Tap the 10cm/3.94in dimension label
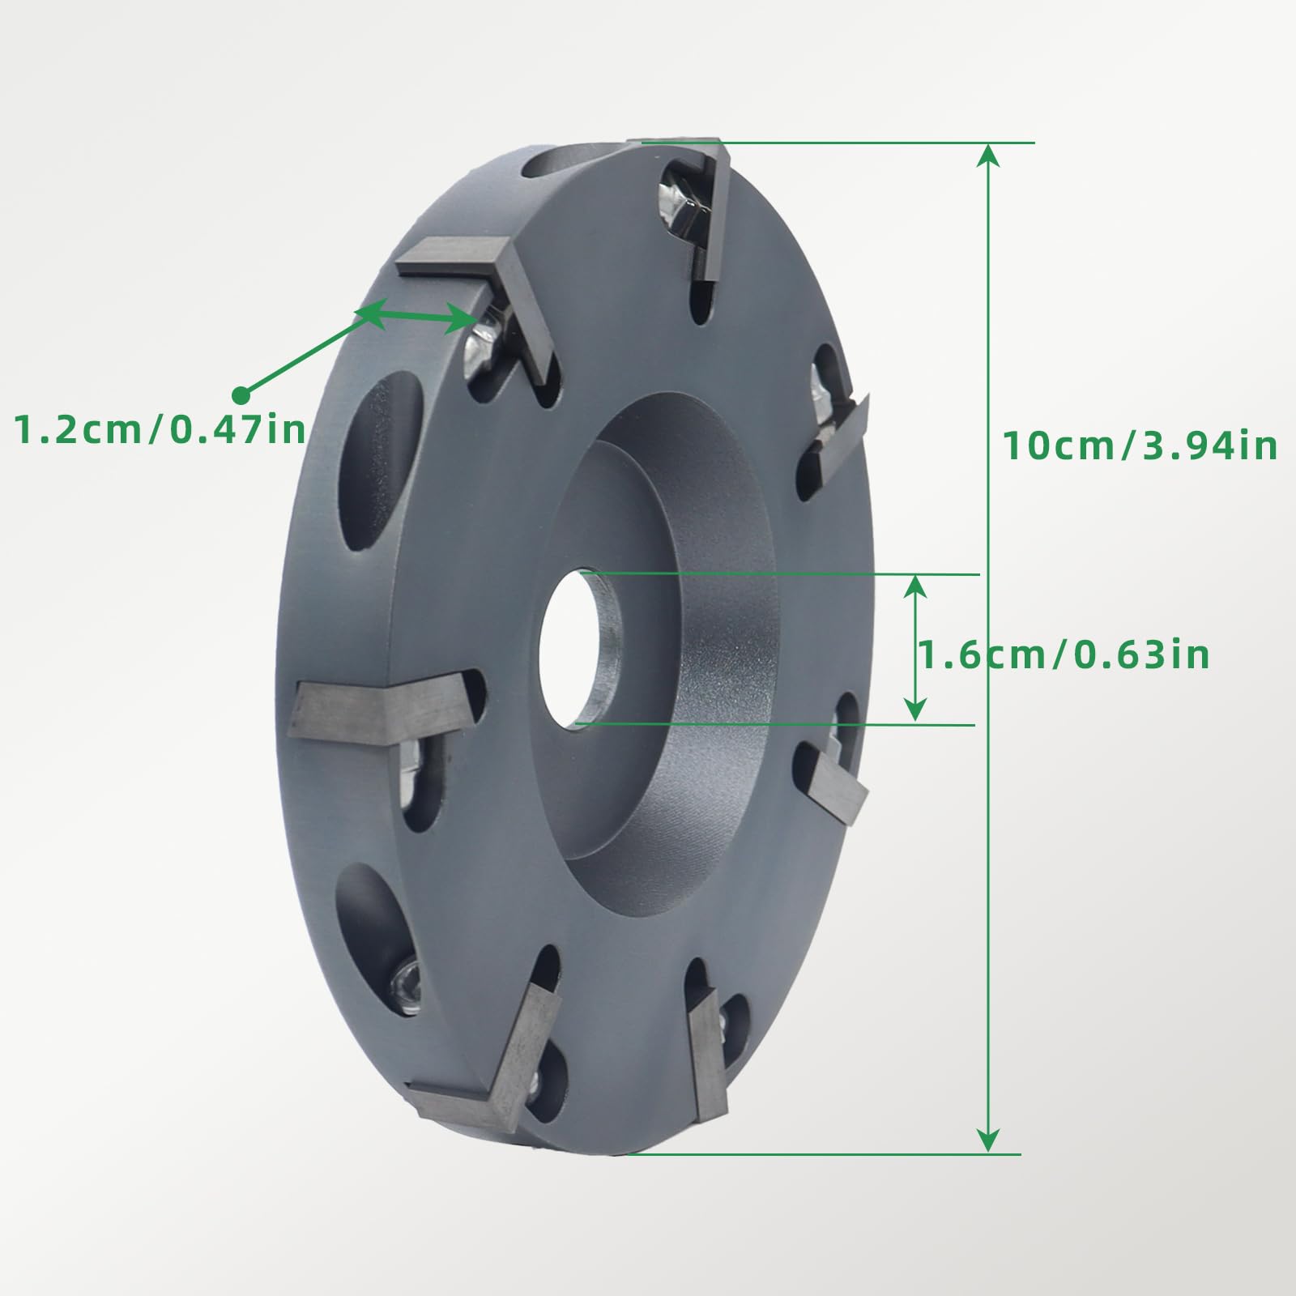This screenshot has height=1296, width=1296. [1140, 446]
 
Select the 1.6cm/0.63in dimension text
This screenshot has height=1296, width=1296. [1064, 654]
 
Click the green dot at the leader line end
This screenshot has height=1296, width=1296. [241, 395]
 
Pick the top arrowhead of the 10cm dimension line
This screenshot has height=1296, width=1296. [987, 154]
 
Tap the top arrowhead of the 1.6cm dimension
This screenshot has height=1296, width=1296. [915, 585]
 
